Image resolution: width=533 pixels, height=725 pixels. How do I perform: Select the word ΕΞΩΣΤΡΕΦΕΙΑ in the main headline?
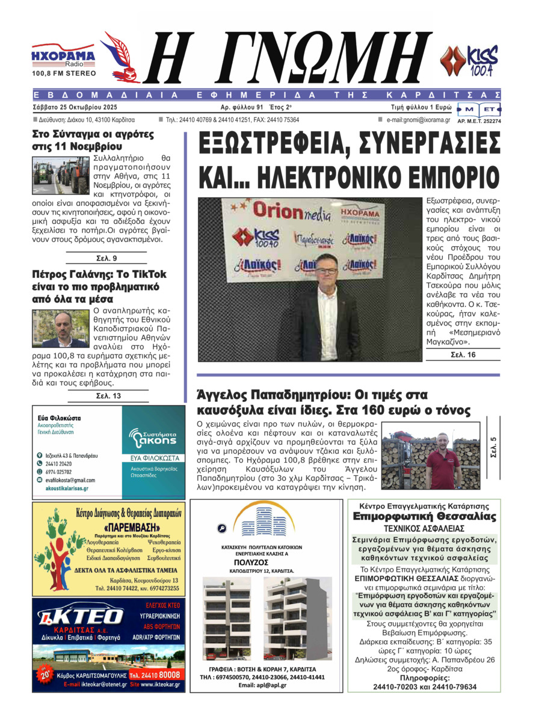[274, 144]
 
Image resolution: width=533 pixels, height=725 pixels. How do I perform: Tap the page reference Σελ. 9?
[107, 259]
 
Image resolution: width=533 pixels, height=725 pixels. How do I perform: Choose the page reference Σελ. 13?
[108, 396]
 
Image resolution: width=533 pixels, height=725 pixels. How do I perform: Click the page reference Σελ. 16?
[463, 355]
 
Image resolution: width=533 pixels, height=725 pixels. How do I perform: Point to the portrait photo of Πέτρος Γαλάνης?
[60, 328]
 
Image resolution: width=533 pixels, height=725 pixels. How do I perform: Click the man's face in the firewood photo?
[443, 439]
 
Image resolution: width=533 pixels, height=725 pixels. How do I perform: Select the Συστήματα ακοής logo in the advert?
[153, 436]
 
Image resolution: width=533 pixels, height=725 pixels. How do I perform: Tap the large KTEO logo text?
[90, 617]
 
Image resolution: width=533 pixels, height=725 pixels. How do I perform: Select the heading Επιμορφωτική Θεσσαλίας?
[424, 517]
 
